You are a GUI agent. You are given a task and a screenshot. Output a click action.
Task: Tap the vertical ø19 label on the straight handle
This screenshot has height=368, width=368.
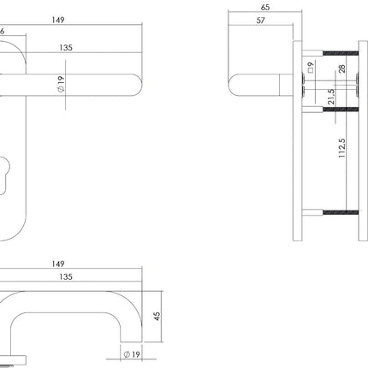pos(60,85)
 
